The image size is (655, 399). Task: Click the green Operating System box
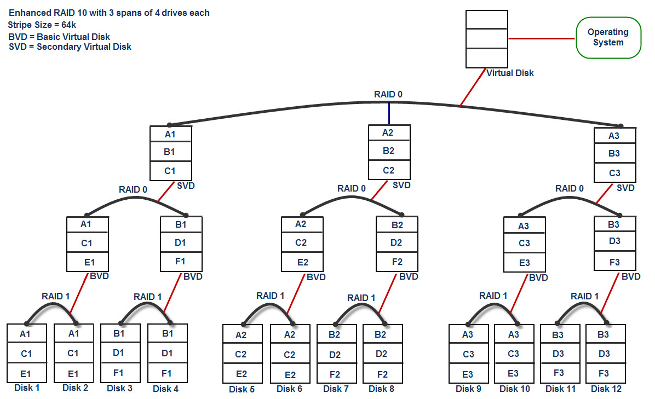pos(608,37)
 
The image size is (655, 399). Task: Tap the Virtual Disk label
pos(509,73)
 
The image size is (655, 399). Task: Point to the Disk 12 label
pos(606,389)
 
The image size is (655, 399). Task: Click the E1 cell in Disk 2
pos(73,373)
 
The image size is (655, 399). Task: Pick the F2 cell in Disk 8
pos(383,374)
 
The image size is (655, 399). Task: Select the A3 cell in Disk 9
pos(468,334)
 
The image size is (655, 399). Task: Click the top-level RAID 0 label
pos(388,94)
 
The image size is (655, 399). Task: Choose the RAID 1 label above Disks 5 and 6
pos(271,296)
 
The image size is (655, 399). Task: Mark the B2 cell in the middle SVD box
pos(388,151)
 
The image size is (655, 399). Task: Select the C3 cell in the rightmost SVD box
pos(615,173)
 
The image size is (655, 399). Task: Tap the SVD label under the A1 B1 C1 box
pos(186,186)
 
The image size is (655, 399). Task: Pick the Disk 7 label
pos(336,389)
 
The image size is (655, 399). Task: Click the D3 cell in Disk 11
pos(559,354)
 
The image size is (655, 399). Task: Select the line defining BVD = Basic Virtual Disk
pos(59,37)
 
